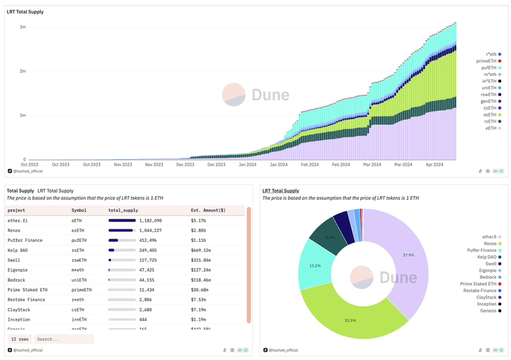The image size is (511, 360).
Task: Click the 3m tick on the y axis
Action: click(x=23, y=27)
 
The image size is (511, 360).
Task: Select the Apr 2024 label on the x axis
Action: click(x=435, y=165)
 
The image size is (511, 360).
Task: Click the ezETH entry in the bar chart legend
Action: click(x=491, y=115)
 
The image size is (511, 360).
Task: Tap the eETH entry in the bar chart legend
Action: click(x=491, y=128)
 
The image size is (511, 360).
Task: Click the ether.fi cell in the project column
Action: click(x=17, y=220)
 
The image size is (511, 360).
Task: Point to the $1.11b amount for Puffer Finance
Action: click(x=201, y=240)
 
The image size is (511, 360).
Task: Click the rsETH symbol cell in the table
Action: click(x=79, y=250)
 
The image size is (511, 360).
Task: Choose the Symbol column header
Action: click(x=79, y=210)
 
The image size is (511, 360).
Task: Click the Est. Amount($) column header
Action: click(x=208, y=210)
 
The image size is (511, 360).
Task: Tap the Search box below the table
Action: click(x=64, y=339)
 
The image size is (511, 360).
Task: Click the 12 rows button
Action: click(x=20, y=339)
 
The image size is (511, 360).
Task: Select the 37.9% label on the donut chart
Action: click(x=408, y=255)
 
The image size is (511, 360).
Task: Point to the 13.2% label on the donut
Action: click(x=314, y=266)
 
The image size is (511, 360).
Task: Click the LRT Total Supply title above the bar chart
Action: click(x=25, y=12)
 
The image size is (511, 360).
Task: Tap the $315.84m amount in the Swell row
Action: click(x=201, y=260)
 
